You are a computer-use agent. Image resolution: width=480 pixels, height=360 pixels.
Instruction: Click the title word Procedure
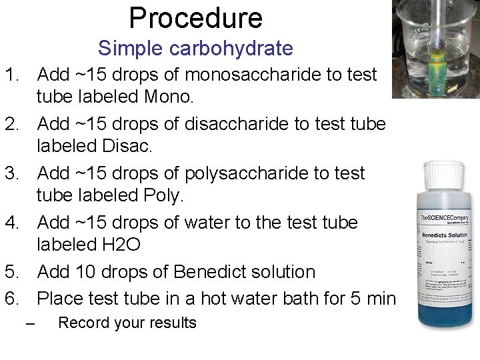(x=195, y=17)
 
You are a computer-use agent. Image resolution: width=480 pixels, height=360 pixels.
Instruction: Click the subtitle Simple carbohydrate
(x=195, y=49)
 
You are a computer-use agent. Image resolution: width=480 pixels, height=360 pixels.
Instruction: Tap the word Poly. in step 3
(x=164, y=196)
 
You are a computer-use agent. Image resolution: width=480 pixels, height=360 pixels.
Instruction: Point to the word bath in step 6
(x=304, y=299)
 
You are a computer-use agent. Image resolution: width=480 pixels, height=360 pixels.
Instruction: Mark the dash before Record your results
(x=29, y=325)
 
